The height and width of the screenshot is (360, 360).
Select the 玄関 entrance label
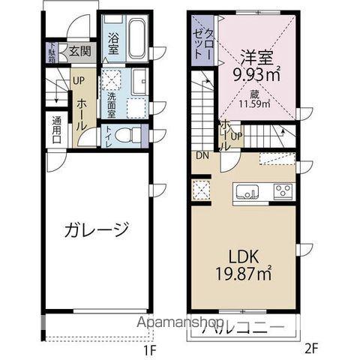coord(80,52)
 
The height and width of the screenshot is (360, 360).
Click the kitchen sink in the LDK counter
coord(247,192)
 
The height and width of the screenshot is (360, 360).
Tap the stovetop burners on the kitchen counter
coord(282,190)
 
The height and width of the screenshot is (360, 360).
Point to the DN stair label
coord(202,155)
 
